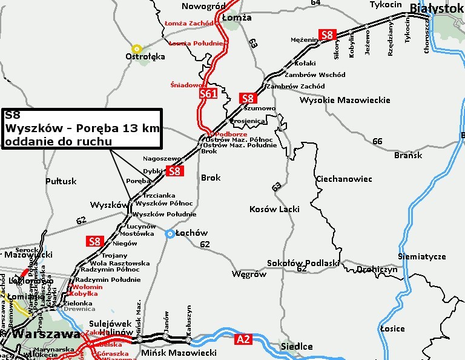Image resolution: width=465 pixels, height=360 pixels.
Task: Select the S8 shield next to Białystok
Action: pyautogui.click(x=328, y=35)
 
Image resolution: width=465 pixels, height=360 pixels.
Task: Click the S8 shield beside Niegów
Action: pyautogui.click(x=94, y=241)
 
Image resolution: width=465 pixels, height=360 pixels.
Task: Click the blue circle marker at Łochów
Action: pyautogui.click(x=170, y=234)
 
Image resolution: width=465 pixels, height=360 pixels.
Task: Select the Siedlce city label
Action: pyautogui.click(x=295, y=347)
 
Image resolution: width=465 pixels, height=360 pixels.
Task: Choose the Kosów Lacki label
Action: pyautogui.click(x=274, y=209)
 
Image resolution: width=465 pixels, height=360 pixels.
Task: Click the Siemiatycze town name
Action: pyautogui.click(x=422, y=256)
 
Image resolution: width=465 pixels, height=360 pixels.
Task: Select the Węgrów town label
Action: pyautogui.click(x=249, y=274)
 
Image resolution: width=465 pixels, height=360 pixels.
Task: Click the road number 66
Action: pyautogui.click(x=378, y=141)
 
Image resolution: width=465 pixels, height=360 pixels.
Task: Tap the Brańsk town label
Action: pyautogui.click(x=407, y=155)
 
